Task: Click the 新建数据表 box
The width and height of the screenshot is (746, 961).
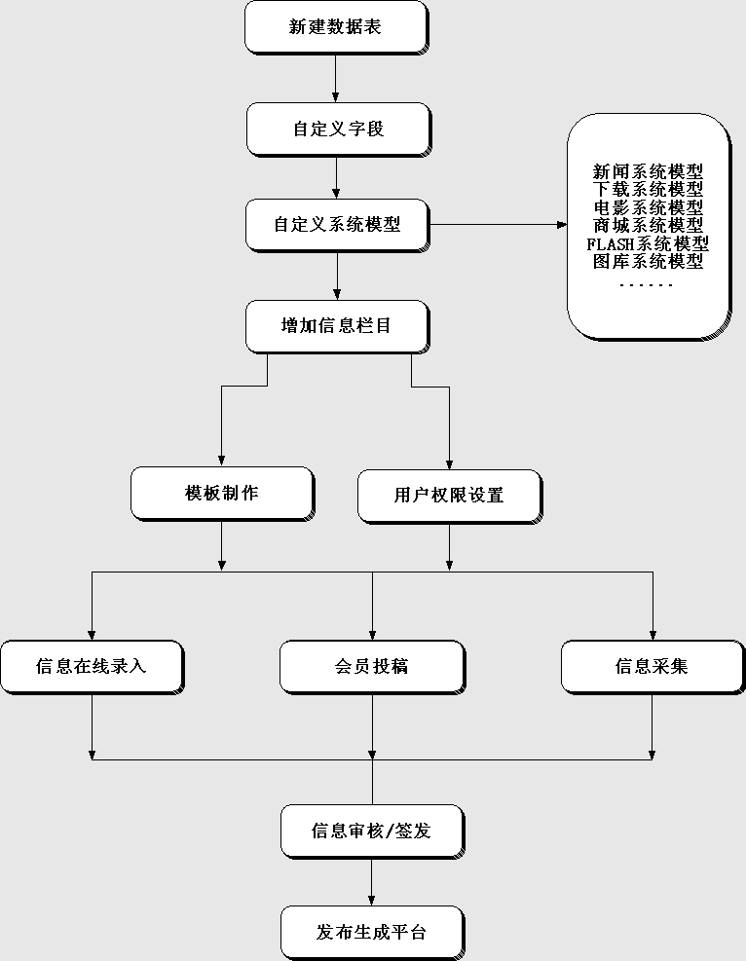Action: point(335,27)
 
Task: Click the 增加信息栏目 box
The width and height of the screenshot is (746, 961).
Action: point(336,326)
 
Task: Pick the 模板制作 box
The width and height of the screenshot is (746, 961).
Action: point(222,493)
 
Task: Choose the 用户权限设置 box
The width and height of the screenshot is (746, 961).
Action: point(449,496)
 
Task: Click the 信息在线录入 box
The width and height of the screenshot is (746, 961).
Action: point(92,667)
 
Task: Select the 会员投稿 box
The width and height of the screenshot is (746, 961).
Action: point(371,667)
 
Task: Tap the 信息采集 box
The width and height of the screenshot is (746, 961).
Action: point(652,667)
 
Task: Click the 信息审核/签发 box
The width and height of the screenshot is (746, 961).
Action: point(371,832)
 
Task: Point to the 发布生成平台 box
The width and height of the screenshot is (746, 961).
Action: point(371,933)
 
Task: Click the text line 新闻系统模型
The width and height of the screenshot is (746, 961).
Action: point(648,172)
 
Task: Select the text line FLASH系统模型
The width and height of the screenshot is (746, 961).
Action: point(648,243)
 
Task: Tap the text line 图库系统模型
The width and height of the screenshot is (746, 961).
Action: point(648,261)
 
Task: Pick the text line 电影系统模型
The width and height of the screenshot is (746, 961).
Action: point(648,207)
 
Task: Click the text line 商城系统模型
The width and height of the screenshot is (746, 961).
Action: point(648,225)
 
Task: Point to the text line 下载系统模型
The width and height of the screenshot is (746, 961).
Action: point(648,190)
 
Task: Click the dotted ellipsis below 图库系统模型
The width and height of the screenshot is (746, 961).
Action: point(647,284)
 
